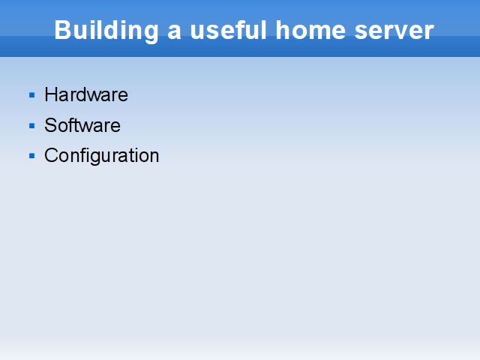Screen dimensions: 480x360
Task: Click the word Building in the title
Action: (106, 31)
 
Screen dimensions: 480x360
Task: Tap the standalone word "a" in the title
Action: (174, 32)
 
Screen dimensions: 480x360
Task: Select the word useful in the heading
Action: (228, 30)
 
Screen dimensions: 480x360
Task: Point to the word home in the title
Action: (310, 30)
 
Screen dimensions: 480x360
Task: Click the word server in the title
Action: (394, 32)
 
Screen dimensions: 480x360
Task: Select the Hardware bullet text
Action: (86, 94)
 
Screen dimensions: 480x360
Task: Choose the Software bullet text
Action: (82, 125)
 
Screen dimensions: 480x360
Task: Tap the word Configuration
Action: (102, 156)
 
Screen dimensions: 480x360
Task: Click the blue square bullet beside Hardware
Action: (31, 95)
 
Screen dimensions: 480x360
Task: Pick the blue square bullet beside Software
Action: (31, 126)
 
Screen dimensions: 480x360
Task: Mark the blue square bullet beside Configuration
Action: (31, 156)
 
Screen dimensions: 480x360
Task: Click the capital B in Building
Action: (62, 30)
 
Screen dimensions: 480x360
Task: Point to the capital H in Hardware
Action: (51, 94)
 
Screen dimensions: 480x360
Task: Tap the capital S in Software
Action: (51, 125)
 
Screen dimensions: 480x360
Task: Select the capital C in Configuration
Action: (52, 155)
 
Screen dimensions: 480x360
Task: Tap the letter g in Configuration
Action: (100, 158)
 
